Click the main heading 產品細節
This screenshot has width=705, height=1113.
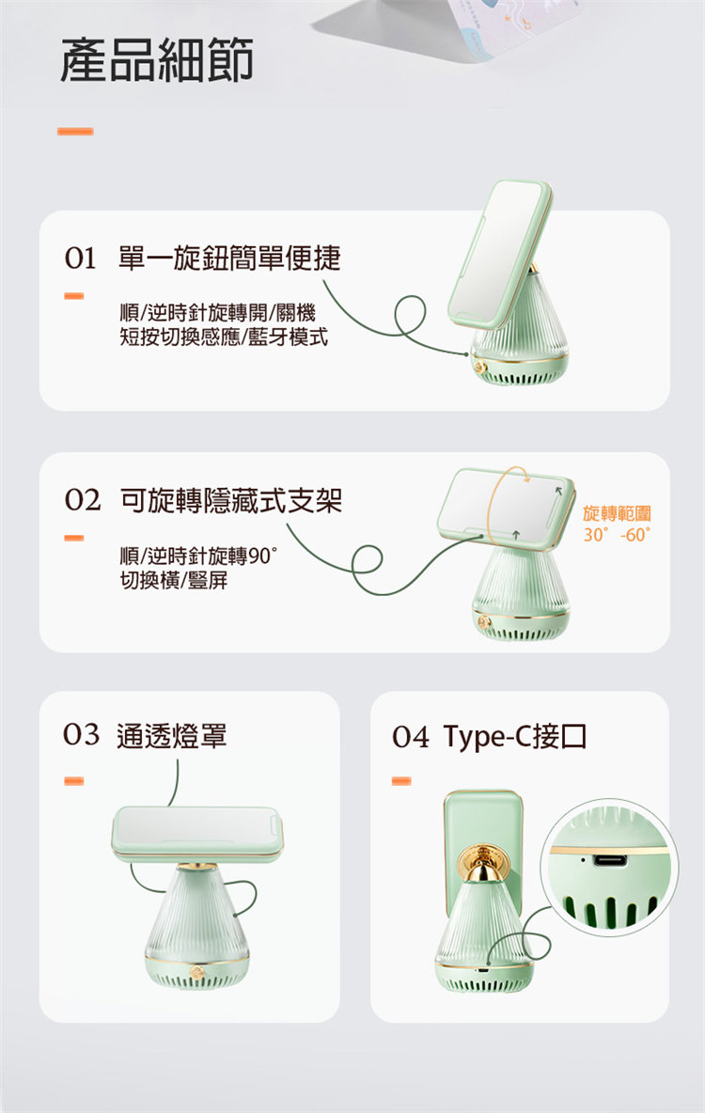tap(157, 59)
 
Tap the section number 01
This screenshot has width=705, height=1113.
tap(80, 259)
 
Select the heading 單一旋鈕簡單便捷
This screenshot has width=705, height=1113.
tap(229, 258)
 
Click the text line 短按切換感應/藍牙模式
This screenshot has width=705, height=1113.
tap(224, 336)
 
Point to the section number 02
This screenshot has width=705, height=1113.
tap(83, 500)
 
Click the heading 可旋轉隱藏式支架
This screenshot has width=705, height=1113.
tap(231, 500)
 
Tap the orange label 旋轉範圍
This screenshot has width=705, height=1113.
tap(617, 513)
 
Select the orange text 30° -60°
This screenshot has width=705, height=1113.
tap(617, 535)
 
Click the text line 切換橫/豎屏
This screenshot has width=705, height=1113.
tap(174, 580)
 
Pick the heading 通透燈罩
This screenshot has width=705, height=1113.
tap(172, 736)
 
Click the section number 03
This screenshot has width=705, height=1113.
tap(81, 735)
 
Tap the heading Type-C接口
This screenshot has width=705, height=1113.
tap(515, 737)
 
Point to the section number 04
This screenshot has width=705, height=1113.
tap(411, 738)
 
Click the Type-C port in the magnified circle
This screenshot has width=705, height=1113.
tap(611, 861)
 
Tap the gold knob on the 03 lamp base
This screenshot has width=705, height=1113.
tap(197, 972)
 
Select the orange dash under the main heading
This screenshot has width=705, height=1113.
tap(75, 132)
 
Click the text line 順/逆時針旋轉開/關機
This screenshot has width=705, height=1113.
tap(217, 312)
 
